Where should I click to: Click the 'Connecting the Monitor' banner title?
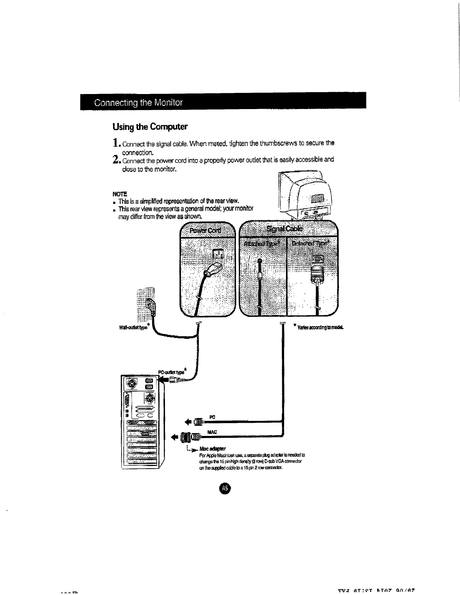[x=138, y=103]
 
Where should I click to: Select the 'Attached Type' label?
[x=262, y=244]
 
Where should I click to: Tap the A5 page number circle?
[x=224, y=488]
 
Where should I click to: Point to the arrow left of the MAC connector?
[x=174, y=437]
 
